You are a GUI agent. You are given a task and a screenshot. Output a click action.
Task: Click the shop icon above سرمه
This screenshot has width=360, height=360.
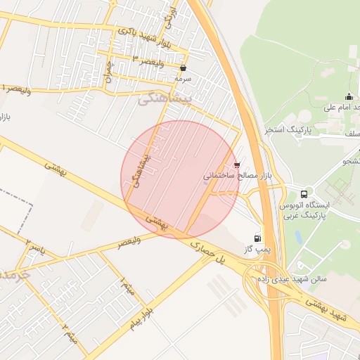(184, 68)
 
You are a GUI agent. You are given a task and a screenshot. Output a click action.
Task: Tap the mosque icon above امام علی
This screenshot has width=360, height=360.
(349, 97)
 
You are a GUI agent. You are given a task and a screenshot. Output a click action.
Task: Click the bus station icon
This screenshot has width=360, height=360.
(304, 194)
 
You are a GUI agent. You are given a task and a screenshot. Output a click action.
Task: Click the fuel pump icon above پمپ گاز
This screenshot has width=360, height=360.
(257, 238)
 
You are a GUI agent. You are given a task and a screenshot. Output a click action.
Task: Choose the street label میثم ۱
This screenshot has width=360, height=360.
(127, 285)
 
